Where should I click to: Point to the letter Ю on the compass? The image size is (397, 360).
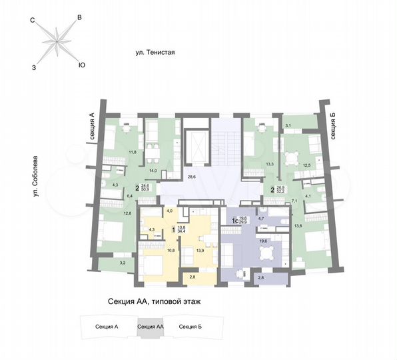pos(81,65)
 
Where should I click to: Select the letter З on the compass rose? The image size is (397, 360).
pos(34,67)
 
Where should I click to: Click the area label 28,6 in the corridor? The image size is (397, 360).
pos(192,177)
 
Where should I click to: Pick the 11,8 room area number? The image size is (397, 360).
pos(133,152)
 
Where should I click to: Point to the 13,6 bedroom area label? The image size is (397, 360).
pos(316,227)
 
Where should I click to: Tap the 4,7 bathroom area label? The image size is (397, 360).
pos(261,219)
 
